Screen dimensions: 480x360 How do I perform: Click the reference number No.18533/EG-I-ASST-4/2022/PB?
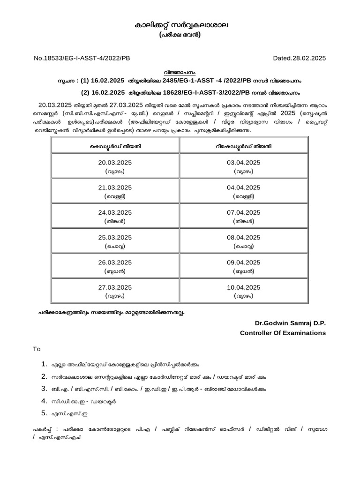[82, 58]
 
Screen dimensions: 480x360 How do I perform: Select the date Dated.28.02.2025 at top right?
[299, 58]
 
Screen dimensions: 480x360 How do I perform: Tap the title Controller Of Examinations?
[283, 333]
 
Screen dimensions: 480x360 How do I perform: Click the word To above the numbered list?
[36, 349]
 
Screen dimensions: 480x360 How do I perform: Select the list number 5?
[44, 413]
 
